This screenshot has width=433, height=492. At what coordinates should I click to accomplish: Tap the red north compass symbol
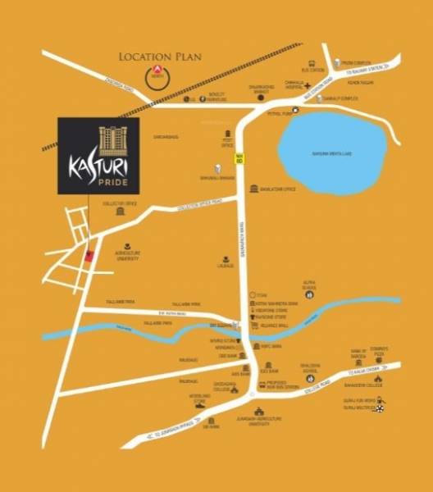tap(152, 76)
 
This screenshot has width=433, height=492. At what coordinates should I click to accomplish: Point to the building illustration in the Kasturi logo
tap(111, 140)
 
